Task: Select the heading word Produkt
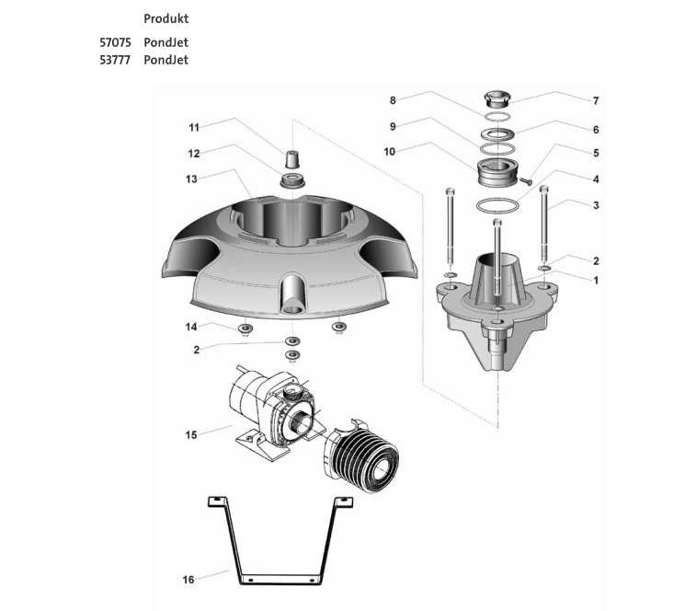point(166,18)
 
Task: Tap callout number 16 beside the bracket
point(188,580)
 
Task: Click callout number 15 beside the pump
point(191,434)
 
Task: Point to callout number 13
point(191,179)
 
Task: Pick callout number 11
point(194,127)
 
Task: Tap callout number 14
point(191,327)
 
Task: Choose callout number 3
point(596,205)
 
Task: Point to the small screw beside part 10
point(527,182)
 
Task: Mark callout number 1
point(596,280)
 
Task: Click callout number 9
point(393,126)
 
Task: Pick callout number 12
point(194,154)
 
